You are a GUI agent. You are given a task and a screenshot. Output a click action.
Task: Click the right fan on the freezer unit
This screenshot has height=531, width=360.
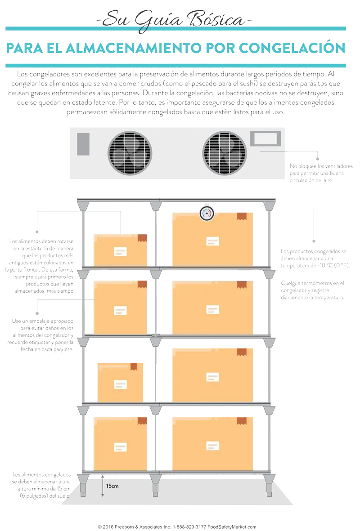(x=224, y=152)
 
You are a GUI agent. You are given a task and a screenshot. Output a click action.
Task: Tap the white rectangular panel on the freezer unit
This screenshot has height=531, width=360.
(x=265, y=138)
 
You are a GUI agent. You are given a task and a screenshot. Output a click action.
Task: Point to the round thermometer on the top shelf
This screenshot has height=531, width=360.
(x=207, y=213)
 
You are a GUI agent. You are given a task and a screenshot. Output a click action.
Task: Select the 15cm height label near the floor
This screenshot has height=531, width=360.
(x=109, y=486)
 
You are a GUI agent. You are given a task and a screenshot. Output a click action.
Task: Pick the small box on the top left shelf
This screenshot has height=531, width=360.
(x=120, y=250)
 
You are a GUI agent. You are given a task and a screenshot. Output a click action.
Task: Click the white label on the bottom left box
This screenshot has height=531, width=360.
(x=120, y=446)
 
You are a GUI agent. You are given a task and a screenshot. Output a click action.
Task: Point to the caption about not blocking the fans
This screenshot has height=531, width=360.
(x=321, y=173)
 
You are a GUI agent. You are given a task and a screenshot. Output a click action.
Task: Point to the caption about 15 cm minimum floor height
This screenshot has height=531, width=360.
(x=41, y=485)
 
